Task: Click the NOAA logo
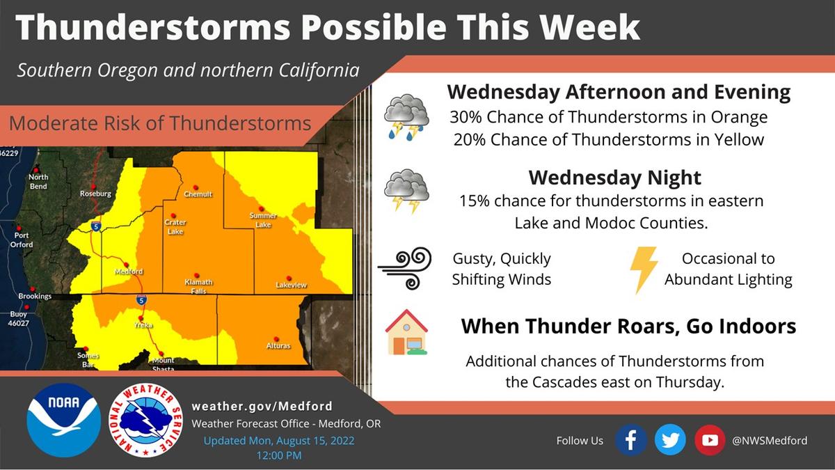[64, 420]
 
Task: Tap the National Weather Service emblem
[145, 420]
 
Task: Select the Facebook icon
[630, 440]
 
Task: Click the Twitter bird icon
[670, 440]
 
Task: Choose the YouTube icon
[710, 440]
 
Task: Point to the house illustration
[406, 332]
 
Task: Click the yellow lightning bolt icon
[644, 270]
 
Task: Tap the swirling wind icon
[406, 268]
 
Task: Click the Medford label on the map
[129, 272]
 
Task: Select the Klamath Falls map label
[199, 286]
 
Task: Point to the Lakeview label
[291, 285]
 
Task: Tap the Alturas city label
[278, 346]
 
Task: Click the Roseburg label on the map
[96, 194]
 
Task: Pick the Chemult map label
[198, 194]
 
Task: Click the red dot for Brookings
[33, 289]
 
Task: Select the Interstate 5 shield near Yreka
[141, 299]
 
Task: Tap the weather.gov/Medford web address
[262, 406]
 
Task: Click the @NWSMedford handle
[770, 441]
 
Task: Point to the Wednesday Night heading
[615, 178]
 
